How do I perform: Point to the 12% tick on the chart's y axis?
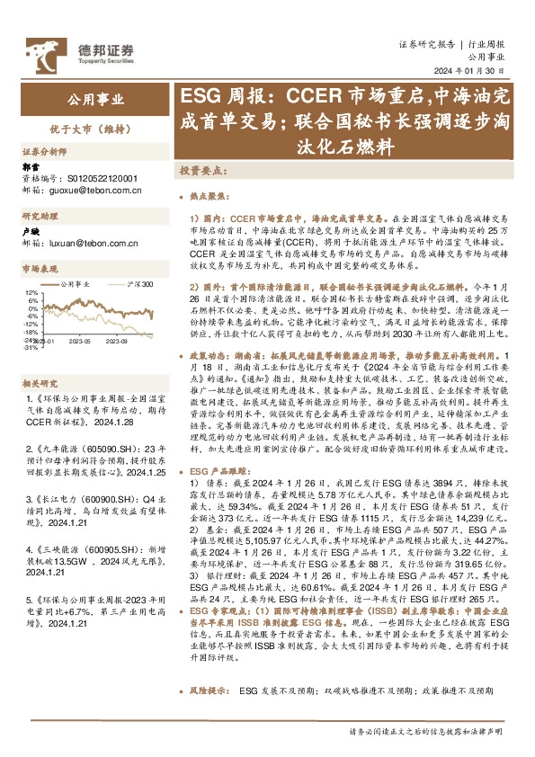coord(31,293)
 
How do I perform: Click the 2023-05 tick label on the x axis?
coord(81,342)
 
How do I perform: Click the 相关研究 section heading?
coord(39,356)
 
